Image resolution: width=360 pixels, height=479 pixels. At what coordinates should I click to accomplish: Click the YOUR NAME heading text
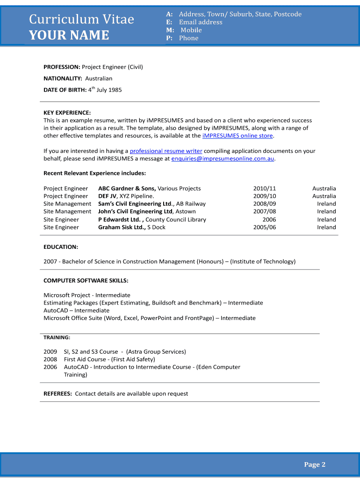[x=69, y=36]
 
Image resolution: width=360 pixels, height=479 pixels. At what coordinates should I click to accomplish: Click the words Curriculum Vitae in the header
[x=81, y=19]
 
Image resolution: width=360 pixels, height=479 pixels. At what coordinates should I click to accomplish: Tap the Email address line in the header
[x=201, y=22]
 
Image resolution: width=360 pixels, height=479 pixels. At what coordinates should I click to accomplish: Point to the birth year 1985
[x=115, y=90]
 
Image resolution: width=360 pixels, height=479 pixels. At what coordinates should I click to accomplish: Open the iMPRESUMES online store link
[x=238, y=136]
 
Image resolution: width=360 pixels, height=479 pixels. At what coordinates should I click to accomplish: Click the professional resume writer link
[x=166, y=151]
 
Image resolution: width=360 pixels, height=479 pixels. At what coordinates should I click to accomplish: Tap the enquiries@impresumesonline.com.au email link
[x=223, y=159]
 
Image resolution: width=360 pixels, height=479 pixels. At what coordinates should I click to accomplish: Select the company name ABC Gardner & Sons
[x=127, y=189]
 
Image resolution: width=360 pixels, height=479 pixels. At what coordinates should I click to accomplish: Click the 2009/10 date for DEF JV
[x=265, y=196]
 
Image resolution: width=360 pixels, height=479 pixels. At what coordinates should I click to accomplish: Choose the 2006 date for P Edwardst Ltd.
[x=269, y=219]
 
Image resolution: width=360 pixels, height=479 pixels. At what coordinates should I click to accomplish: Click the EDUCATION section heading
[x=61, y=247]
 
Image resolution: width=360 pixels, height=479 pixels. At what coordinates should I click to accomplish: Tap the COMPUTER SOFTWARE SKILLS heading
[x=86, y=281]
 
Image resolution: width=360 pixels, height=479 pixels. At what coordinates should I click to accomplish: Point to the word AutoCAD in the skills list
[x=56, y=311]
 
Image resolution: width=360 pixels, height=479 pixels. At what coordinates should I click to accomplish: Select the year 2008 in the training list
[x=50, y=359]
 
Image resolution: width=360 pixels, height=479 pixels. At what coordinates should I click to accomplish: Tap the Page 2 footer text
[x=315, y=464]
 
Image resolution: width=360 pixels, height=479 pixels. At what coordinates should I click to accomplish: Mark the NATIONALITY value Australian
[x=99, y=79]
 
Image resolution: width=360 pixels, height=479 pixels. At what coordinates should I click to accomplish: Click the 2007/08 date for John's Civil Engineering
[x=265, y=211]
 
